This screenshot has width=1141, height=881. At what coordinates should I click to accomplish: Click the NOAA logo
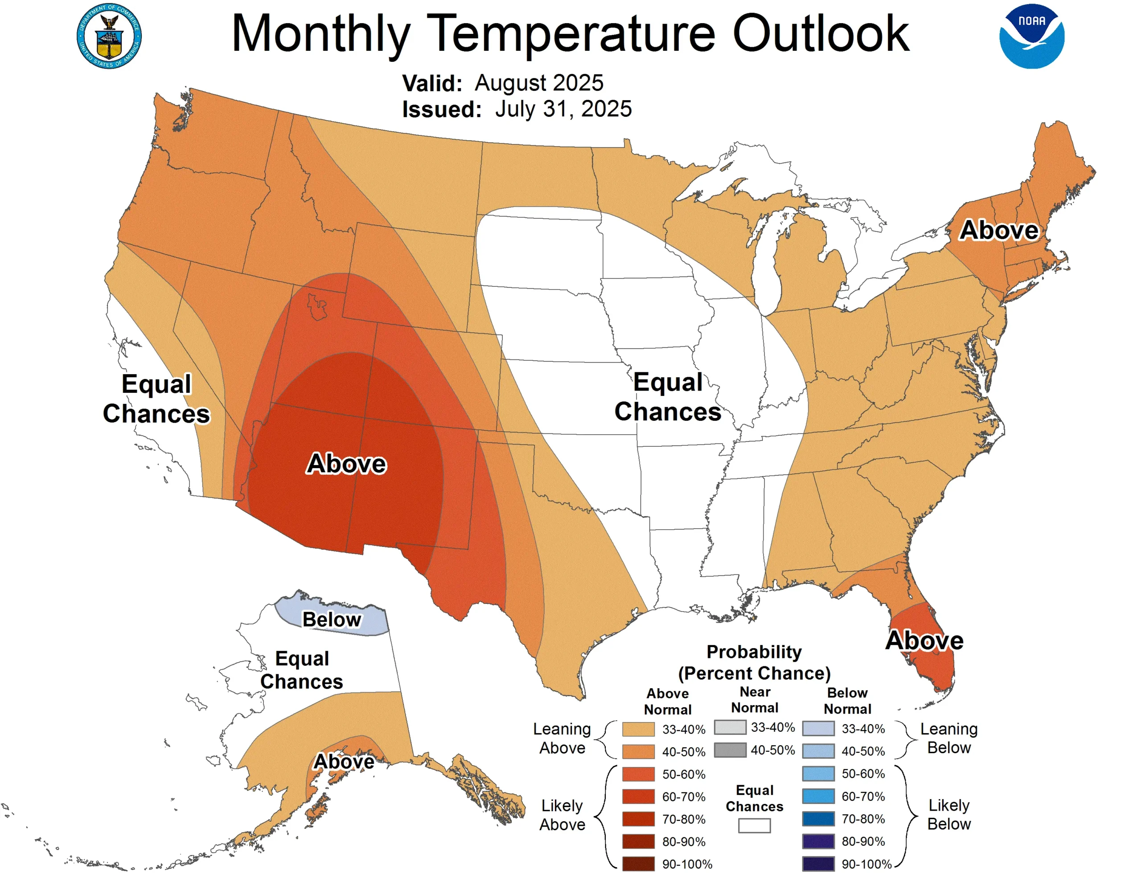click(x=1031, y=36)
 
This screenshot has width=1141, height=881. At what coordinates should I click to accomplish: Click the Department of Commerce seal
click(x=109, y=36)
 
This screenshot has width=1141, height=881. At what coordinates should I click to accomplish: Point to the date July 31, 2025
click(x=563, y=109)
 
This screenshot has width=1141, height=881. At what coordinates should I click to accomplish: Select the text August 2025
click(x=538, y=83)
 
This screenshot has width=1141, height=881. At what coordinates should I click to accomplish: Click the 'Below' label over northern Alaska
click(x=331, y=620)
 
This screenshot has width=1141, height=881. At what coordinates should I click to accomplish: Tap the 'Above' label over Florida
click(x=924, y=640)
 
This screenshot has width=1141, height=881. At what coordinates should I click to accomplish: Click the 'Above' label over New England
click(x=998, y=230)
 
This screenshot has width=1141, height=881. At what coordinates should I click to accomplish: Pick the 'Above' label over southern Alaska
click(x=343, y=761)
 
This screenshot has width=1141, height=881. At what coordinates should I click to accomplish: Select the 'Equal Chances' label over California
click(x=156, y=399)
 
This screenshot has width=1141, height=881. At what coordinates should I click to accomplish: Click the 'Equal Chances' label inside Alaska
click(x=302, y=670)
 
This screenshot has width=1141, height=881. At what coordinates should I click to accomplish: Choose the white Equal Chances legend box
click(x=754, y=826)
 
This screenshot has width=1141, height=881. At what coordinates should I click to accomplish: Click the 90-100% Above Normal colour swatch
click(x=638, y=864)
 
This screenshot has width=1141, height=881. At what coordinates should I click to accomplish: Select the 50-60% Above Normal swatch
click(x=638, y=774)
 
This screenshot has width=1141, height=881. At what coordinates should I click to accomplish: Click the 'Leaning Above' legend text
click(x=562, y=738)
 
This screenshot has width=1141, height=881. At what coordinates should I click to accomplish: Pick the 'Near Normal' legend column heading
click(x=755, y=700)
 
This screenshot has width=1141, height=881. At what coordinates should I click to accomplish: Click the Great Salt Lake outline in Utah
click(x=316, y=307)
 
